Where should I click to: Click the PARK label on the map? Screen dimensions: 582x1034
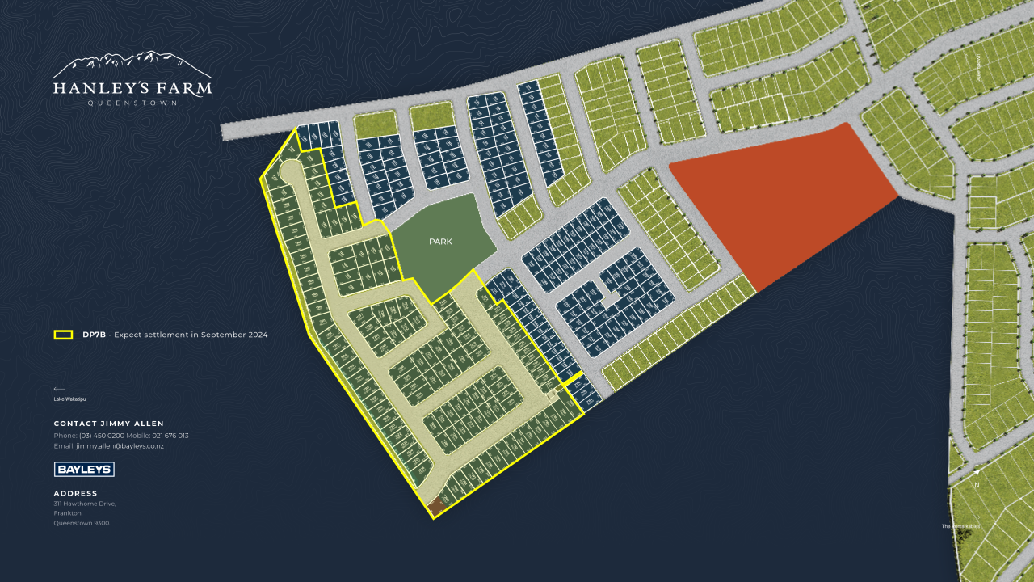(x=440, y=241)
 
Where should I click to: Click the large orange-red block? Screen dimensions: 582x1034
(x=780, y=202)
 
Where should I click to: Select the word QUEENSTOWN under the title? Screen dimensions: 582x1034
(x=132, y=103)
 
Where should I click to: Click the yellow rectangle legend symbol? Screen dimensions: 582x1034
(x=63, y=335)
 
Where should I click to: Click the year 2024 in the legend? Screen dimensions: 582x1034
(x=255, y=335)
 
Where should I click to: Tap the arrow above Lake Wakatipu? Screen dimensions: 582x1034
(x=59, y=389)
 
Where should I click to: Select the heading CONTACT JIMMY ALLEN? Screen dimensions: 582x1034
(x=109, y=424)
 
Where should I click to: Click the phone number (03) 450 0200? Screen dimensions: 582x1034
(x=101, y=436)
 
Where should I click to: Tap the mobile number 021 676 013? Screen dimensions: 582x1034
(x=170, y=436)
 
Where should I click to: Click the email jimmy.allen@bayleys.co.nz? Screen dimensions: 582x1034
(x=120, y=446)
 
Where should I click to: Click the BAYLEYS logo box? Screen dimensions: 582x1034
(x=84, y=469)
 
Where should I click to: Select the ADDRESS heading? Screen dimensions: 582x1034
(x=76, y=493)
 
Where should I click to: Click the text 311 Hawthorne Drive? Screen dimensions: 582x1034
(x=85, y=504)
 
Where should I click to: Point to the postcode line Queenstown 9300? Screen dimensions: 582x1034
(x=82, y=523)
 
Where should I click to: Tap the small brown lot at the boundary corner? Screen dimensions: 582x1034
(x=437, y=508)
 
